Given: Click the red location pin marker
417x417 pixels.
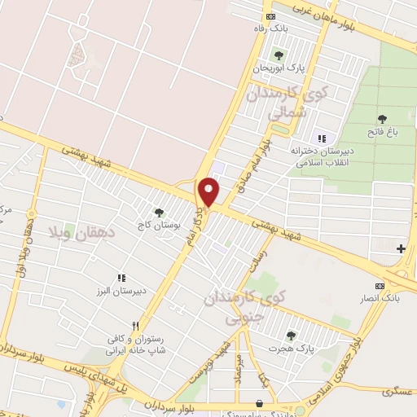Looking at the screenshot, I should click(x=209, y=192).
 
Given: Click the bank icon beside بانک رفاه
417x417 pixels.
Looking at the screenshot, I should click(x=270, y=15).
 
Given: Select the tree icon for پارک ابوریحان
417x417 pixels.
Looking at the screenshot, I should click(x=279, y=55).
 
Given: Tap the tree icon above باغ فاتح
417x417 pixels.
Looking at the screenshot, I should click(x=382, y=120).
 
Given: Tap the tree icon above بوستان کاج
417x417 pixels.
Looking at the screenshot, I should click(x=159, y=212).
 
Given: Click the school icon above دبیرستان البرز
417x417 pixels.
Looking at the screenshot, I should click(x=121, y=278).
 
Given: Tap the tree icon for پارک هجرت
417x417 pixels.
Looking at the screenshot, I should click(x=291, y=335).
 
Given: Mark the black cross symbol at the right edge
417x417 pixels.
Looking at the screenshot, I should click(x=401, y=248).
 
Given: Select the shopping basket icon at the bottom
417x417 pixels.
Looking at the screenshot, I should click(x=259, y=402).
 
